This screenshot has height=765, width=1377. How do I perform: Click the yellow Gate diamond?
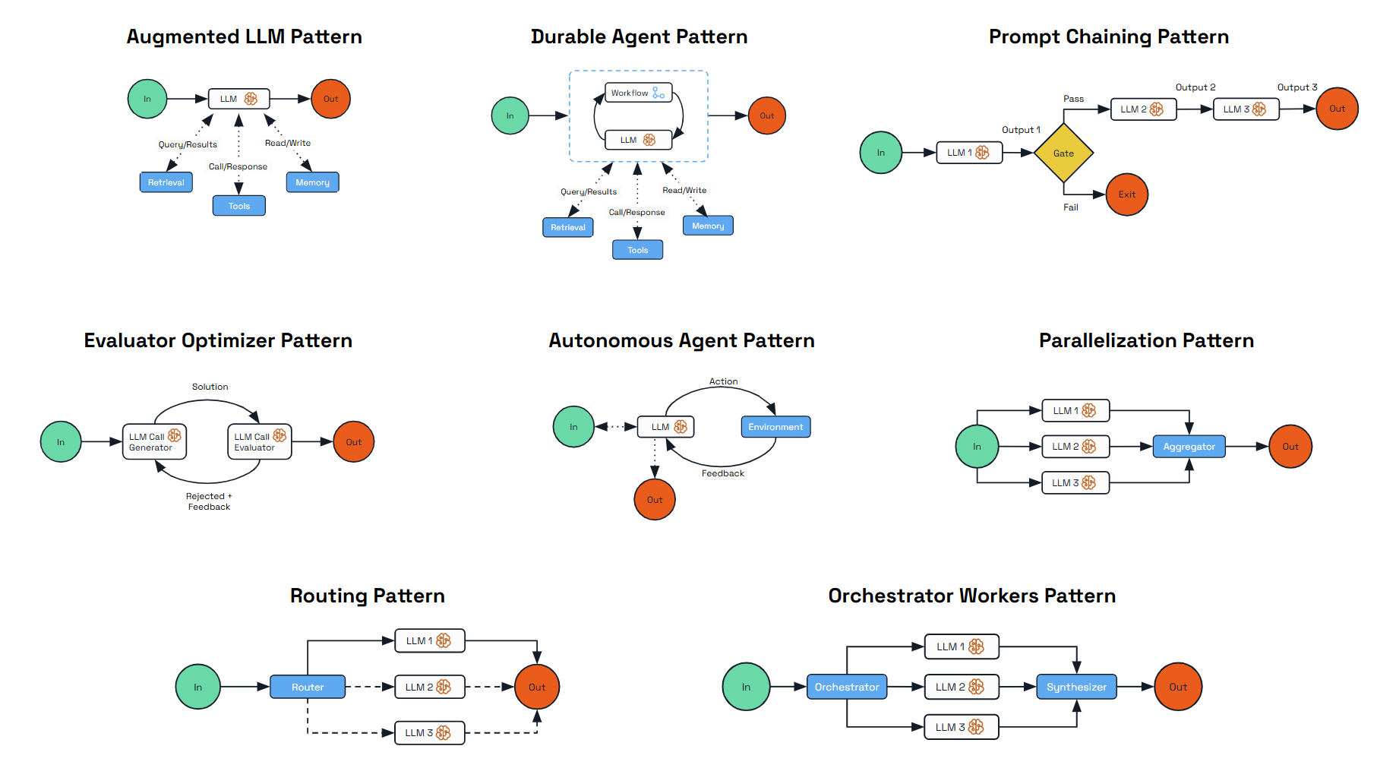(1063, 153)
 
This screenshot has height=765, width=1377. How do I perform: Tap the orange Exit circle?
(1126, 194)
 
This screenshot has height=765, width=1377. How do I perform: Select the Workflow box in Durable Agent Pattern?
(638, 93)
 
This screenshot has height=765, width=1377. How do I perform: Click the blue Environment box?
(775, 427)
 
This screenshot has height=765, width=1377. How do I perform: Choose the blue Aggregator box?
(1189, 447)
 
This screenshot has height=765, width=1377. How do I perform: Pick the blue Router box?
(308, 687)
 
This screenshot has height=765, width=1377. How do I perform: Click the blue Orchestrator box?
(846, 687)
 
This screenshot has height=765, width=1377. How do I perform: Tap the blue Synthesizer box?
(1076, 687)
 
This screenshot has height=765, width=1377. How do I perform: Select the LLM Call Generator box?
(154, 442)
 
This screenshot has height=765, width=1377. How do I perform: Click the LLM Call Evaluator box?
(259, 442)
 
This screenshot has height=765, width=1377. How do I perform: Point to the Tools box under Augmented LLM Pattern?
(238, 206)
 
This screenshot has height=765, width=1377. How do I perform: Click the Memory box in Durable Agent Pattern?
(708, 226)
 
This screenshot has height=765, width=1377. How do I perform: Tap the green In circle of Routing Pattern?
(197, 687)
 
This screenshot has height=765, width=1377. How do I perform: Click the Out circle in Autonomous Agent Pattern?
(655, 500)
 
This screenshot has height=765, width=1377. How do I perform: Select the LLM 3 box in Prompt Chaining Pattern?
(1245, 109)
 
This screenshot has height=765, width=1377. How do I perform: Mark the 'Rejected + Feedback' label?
(209, 501)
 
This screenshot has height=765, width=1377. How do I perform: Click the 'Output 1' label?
(1021, 130)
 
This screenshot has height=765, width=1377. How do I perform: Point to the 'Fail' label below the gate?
(1070, 207)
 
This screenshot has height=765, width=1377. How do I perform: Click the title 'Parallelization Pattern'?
(1145, 340)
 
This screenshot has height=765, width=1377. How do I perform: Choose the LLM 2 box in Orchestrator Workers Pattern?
(961, 687)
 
